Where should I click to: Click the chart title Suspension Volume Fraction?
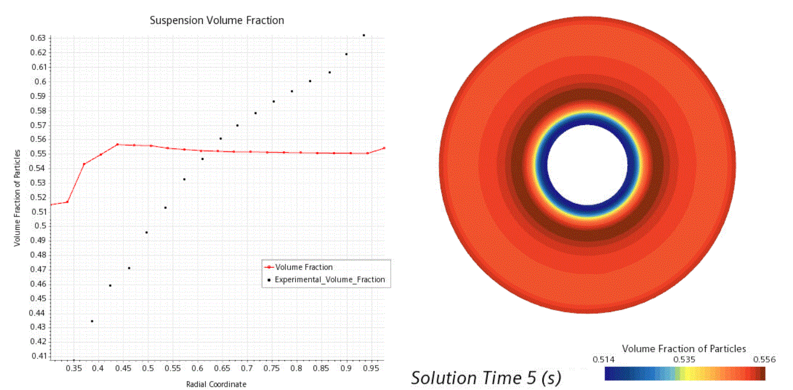[x=217, y=20]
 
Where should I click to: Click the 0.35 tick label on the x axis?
[x=73, y=368]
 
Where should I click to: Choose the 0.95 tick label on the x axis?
[x=372, y=368]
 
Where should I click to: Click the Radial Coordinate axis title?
[x=216, y=384]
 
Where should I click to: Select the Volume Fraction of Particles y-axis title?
[x=17, y=197]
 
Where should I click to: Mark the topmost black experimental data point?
[x=364, y=36]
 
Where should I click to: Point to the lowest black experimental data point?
[x=92, y=321]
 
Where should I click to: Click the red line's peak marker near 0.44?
[x=117, y=144]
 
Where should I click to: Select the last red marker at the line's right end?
[x=384, y=148]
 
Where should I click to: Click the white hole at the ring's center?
[x=587, y=165]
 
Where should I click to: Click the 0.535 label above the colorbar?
[x=684, y=359]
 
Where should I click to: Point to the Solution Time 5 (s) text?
[x=486, y=378]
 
